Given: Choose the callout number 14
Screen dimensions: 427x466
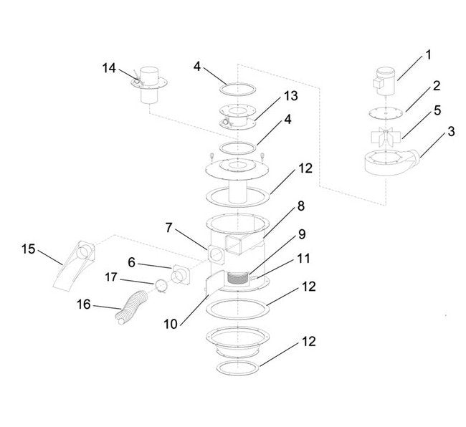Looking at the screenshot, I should click(x=108, y=67).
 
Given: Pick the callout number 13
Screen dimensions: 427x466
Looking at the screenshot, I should click(x=270, y=96).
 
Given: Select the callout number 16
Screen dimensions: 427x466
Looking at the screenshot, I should click(x=84, y=304).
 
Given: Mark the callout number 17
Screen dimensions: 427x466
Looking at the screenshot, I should click(x=112, y=275).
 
